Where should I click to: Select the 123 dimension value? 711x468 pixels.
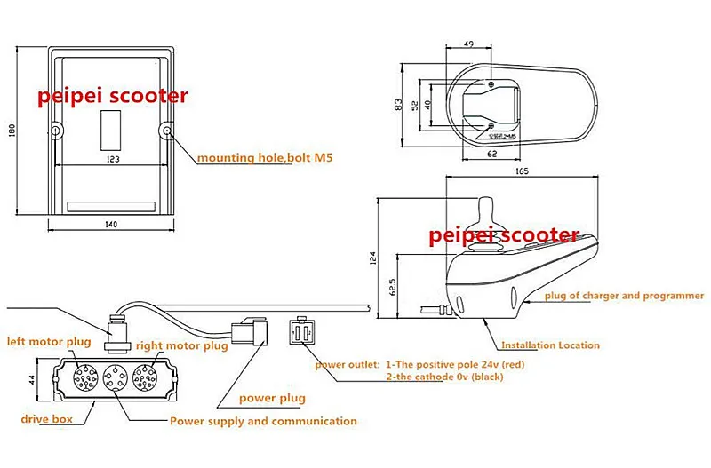pyautogui.click(x=114, y=158)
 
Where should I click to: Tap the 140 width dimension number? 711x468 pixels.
pyautogui.click(x=111, y=225)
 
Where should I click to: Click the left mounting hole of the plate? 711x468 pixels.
pyautogui.click(x=56, y=131)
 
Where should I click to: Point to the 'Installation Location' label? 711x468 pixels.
pyautogui.click(x=551, y=345)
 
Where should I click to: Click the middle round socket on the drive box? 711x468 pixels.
pyautogui.click(x=109, y=380)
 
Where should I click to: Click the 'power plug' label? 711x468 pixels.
pyautogui.click(x=271, y=399)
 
